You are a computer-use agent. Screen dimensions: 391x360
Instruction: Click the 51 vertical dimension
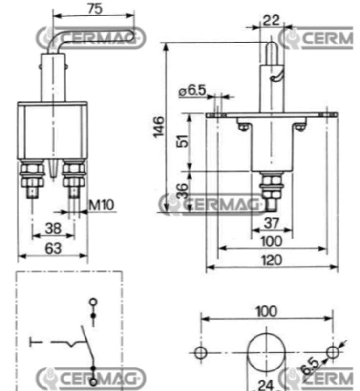(x=182, y=142)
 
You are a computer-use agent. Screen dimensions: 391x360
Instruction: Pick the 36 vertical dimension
(x=182, y=192)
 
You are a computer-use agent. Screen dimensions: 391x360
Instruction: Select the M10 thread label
(x=103, y=205)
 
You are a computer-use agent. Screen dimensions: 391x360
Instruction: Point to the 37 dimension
(x=271, y=224)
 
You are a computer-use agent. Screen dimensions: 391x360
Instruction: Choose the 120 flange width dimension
(x=271, y=260)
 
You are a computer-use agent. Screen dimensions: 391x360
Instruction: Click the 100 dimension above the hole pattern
(x=266, y=311)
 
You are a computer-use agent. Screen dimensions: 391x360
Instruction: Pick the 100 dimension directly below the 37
(x=271, y=241)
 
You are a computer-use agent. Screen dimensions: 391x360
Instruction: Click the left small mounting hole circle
(x=199, y=352)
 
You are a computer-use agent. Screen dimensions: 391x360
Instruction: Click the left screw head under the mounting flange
(x=242, y=127)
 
